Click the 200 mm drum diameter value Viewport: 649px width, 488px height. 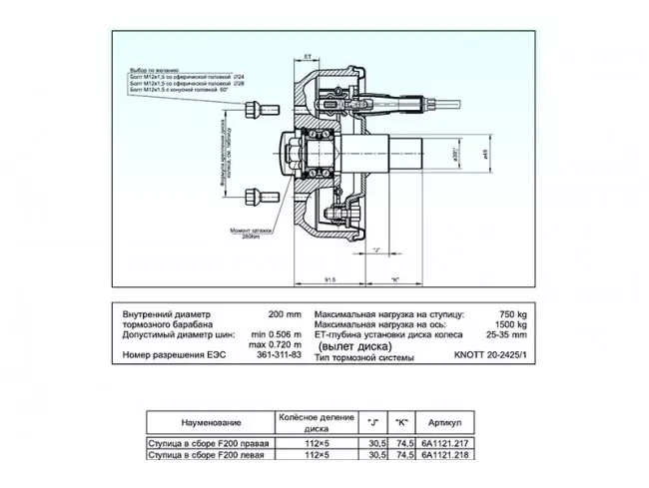click(x=284, y=312)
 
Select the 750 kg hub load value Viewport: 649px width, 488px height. click(x=510, y=312)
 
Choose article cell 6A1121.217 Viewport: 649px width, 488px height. click(x=446, y=443)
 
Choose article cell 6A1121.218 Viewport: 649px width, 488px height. click(x=446, y=454)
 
